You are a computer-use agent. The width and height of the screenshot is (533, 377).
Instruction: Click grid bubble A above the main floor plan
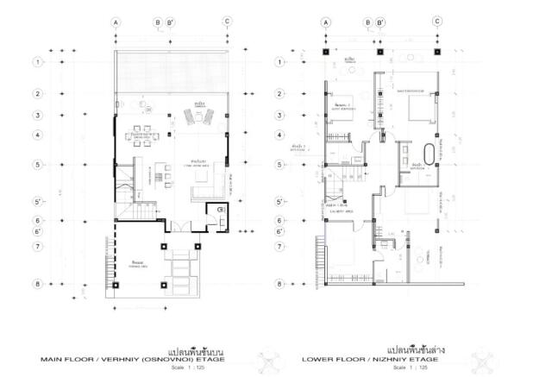pyautogui.click(x=116, y=22)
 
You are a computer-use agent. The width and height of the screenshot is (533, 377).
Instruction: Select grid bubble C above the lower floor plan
pyautogui.click(x=436, y=22)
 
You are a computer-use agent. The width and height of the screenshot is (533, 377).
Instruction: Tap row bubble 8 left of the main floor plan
pyautogui.click(x=38, y=283)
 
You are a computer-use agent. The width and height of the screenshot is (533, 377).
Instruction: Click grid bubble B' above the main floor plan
pyautogui.click(x=170, y=22)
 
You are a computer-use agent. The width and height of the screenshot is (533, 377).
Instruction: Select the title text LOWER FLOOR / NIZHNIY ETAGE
pyautogui.click(x=382, y=360)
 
